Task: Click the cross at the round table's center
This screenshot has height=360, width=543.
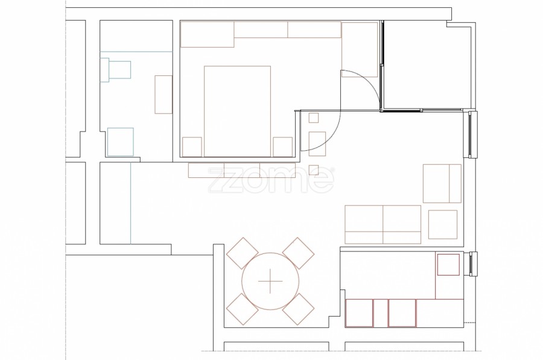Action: pyautogui.click(x=270, y=281)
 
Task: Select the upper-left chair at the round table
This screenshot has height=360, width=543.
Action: pyautogui.click(x=243, y=253)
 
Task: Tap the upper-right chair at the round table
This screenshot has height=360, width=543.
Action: pyautogui.click(x=298, y=253)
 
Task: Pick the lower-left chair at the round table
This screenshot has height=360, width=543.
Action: pyautogui.click(x=243, y=309)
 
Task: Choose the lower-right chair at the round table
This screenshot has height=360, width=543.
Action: pyautogui.click(x=298, y=309)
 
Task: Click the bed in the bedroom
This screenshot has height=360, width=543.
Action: pyautogui.click(x=237, y=111)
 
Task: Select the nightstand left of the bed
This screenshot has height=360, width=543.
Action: pyautogui.click(x=192, y=147)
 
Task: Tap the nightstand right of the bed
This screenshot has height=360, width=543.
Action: pyautogui.click(x=282, y=147)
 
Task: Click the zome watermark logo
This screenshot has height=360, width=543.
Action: pyautogui.click(x=271, y=180)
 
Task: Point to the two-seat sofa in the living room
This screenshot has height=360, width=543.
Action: pyautogui.click(x=383, y=224)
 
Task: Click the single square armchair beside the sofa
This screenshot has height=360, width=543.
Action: pyautogui.click(x=443, y=224)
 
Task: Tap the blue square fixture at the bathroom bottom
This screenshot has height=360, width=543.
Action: pyautogui.click(x=120, y=142)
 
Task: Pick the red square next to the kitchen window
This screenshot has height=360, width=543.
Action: pyautogui.click(x=448, y=265)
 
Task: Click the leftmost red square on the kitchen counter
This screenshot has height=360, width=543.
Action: pyautogui.click(x=359, y=313)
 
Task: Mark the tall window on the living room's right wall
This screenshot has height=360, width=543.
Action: pyautogui.click(x=470, y=134)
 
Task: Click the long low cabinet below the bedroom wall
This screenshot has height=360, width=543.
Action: pyautogui.click(x=242, y=170)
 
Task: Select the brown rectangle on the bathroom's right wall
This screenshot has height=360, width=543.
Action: pyautogui.click(x=164, y=95)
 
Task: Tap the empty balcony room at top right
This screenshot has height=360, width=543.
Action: pyautogui.click(x=427, y=65)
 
